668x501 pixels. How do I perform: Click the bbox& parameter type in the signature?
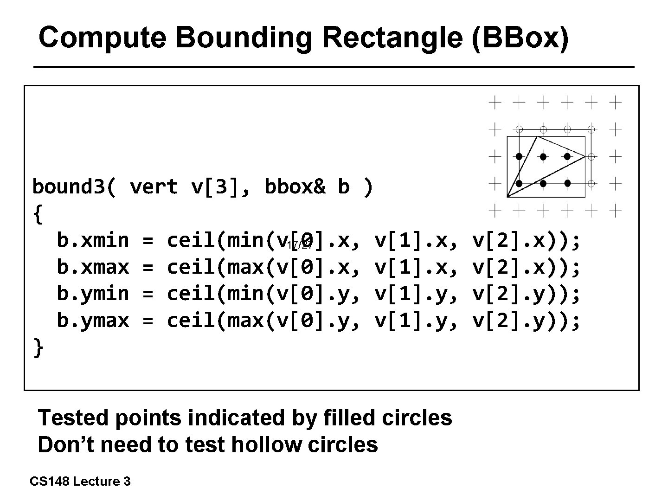pyautogui.click(x=295, y=187)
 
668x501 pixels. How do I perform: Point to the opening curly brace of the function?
pyautogui.click(x=38, y=214)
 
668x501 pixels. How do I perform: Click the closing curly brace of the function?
pyautogui.click(x=38, y=348)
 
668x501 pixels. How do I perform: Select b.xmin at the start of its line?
pyautogui.click(x=93, y=241)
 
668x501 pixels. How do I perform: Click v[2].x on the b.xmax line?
pyautogui.click(x=508, y=268)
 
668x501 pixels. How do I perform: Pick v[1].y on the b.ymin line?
pyautogui.click(x=411, y=294)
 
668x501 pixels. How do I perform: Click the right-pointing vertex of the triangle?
pyautogui.click(x=585, y=156)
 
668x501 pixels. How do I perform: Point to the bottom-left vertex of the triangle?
pyautogui.click(x=507, y=197)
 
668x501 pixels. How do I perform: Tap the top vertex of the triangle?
pyautogui.click(x=537, y=136)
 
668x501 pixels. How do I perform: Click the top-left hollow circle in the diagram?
pyautogui.click(x=520, y=129)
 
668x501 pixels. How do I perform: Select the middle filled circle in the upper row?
pyautogui.click(x=543, y=156)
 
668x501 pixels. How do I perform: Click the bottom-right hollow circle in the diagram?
pyautogui.click(x=591, y=184)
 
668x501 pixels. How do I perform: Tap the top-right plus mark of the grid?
pyautogui.click(x=615, y=102)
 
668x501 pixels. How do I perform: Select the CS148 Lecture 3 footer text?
pyautogui.click(x=80, y=482)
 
